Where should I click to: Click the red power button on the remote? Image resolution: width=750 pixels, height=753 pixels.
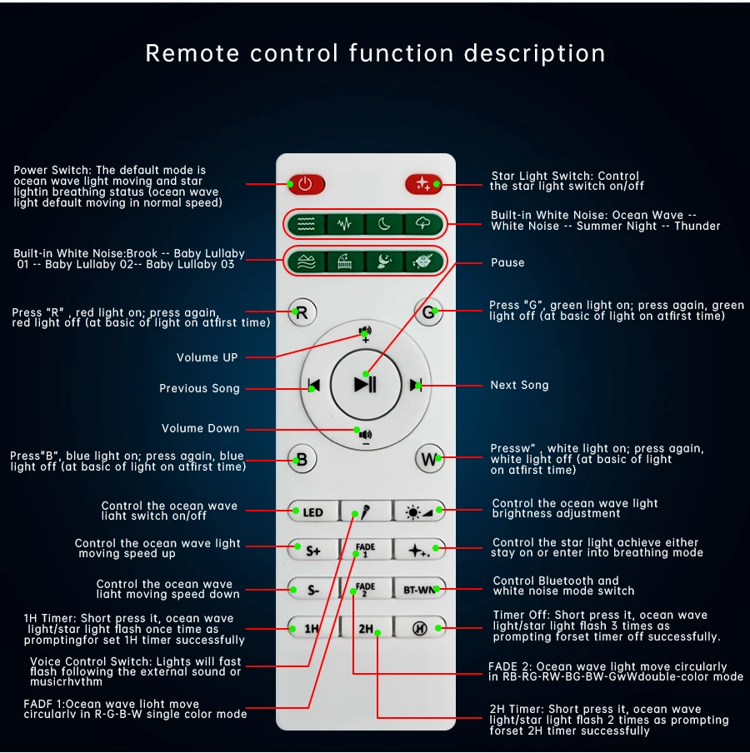[306, 183]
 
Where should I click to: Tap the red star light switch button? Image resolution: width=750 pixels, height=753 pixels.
[422, 183]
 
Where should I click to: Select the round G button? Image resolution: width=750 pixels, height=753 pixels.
[428, 313]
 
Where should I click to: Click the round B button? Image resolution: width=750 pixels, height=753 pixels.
[302, 458]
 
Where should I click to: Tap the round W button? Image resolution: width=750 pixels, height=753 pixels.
[429, 458]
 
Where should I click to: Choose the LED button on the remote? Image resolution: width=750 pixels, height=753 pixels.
[313, 511]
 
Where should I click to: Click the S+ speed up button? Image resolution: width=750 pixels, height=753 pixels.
[313, 550]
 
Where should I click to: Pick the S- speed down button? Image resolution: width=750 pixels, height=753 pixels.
[313, 590]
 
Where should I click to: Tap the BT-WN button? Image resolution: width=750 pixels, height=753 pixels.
[419, 590]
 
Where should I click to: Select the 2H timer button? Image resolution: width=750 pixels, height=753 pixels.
[366, 628]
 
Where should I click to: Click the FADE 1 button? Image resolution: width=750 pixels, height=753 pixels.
[366, 550]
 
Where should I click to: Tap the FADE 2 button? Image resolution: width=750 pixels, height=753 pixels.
[366, 588]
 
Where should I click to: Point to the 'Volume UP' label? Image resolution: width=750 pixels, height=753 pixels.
[207, 357]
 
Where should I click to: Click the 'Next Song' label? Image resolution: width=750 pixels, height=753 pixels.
[519, 385]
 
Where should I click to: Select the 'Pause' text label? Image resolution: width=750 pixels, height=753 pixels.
[507, 262]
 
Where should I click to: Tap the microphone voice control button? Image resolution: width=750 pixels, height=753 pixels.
[366, 511]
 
